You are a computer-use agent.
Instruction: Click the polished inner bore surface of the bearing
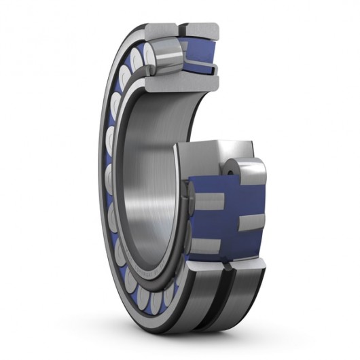tap(146, 183)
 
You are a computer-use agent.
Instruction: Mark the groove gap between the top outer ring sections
tap(182, 28)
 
